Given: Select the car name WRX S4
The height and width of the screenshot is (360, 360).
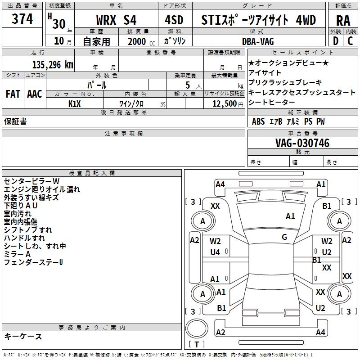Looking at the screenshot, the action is (117, 20).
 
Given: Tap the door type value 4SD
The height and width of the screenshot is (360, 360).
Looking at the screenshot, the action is (174, 20).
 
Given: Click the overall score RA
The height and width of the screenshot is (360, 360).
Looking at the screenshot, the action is (343, 21).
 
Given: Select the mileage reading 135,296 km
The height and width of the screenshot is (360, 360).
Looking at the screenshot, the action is (53, 64).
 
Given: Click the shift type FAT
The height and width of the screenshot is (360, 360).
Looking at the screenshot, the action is (13, 94).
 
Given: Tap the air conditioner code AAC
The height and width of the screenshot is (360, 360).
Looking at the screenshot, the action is (34, 94).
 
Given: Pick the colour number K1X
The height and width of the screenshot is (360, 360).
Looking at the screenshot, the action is (75, 103).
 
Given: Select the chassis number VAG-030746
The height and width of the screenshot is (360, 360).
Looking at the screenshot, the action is (302, 143).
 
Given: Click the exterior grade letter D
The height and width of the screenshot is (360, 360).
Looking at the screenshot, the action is (335, 41).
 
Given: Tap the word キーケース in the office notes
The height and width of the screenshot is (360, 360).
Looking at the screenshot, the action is (23, 337).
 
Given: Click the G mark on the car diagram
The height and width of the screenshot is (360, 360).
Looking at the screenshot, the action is (284, 237).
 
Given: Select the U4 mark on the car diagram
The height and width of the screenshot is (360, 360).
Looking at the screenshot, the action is (215, 252).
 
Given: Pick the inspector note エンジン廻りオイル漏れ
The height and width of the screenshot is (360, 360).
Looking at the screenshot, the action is (42, 189).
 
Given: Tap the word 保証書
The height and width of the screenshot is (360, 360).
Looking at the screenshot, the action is (15, 121).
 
